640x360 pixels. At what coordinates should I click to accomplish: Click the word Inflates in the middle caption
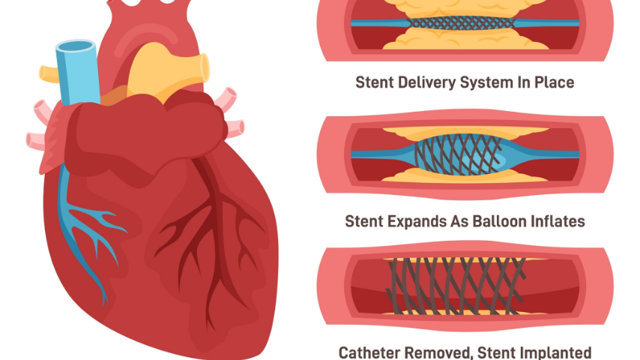558,221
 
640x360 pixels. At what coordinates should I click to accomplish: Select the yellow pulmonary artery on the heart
161,71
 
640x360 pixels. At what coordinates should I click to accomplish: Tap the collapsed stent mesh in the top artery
465,23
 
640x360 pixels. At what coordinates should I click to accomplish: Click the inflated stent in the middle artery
465,153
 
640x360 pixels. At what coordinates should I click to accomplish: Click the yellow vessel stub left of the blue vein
49,73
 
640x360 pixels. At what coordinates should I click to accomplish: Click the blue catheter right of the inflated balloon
555,154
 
